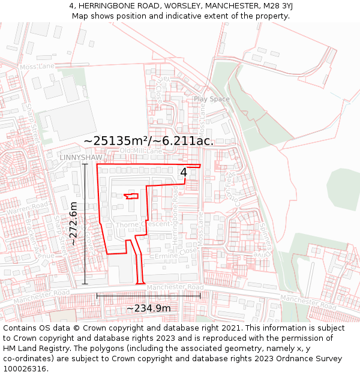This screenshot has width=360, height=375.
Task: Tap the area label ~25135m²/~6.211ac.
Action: point(149,140)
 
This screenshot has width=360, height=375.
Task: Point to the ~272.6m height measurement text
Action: point(74,223)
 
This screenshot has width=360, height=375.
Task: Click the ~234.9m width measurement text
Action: point(148,308)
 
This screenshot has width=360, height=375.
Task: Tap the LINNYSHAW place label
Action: point(81,157)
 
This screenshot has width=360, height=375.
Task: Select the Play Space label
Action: point(211,99)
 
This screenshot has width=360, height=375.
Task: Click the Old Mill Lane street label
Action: point(141,151)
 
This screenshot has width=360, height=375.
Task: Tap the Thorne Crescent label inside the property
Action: point(143,224)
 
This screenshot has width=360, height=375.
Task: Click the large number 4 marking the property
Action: point(184,172)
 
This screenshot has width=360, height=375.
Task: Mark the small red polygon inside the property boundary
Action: point(131,196)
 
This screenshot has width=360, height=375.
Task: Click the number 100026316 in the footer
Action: point(26,368)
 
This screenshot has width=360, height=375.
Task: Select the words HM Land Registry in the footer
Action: point(36,349)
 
